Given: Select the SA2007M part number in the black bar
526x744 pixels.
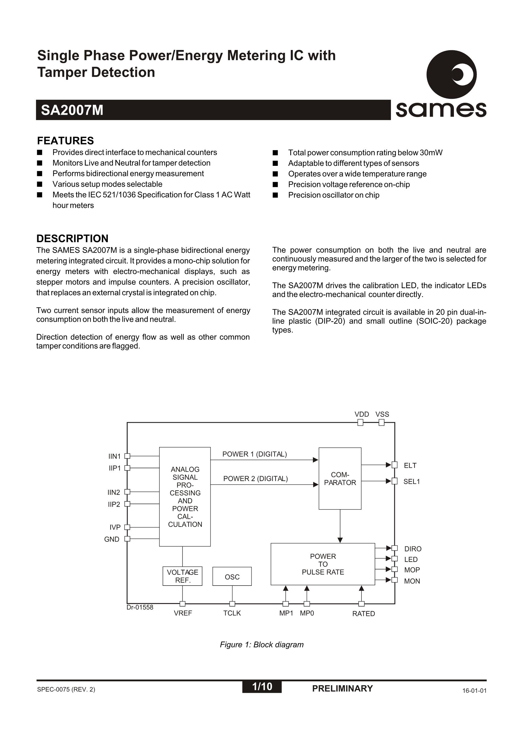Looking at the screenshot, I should click(72, 110).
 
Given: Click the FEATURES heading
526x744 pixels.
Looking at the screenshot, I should click(66, 141).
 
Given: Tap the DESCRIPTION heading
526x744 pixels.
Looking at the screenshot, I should click(72, 239).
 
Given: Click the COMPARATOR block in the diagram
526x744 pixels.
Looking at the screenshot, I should click(340, 478).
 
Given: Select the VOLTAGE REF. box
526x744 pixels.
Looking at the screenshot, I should click(182, 576).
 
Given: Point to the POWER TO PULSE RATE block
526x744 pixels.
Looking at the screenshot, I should click(323, 564).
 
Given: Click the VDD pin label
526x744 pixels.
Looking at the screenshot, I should click(361, 414).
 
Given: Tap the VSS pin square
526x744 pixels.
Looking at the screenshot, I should click(382, 423).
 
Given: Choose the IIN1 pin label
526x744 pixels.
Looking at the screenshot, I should click(114, 456).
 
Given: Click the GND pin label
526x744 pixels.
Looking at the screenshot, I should click(112, 539).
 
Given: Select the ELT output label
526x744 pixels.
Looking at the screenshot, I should click(410, 465).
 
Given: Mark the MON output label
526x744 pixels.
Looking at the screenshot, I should click(412, 581).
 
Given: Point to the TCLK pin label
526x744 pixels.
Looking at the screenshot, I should click(232, 613).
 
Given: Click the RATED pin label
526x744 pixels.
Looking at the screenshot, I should click(363, 614).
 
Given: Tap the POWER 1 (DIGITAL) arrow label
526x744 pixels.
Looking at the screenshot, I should click(254, 454).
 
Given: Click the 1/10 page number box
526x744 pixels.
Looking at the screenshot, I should click(262, 686).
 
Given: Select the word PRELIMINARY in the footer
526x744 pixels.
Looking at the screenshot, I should click(342, 689).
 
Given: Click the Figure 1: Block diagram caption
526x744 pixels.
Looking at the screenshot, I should click(262, 645).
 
